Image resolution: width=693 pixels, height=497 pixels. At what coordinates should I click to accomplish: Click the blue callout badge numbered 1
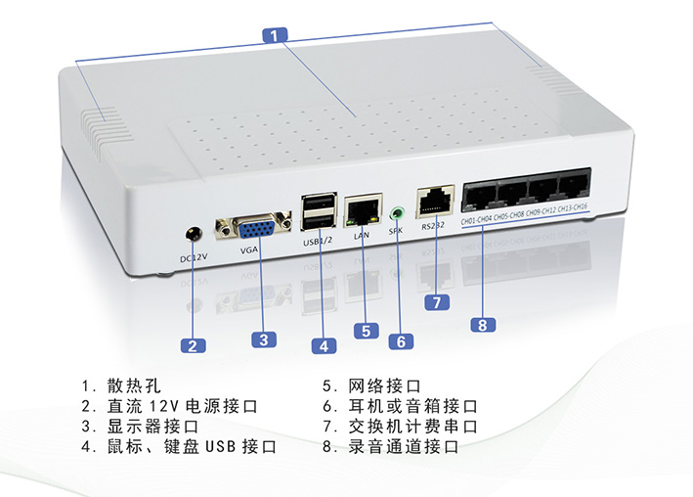(276, 34)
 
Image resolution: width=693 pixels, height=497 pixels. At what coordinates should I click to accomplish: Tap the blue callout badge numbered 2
(194, 344)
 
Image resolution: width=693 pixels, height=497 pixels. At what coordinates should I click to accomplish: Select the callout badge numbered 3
(262, 339)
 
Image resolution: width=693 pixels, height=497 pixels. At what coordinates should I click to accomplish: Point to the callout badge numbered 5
(365, 331)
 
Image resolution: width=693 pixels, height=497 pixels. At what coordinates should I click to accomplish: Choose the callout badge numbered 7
(437, 301)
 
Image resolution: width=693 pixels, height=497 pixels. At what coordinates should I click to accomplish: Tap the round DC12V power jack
(194, 235)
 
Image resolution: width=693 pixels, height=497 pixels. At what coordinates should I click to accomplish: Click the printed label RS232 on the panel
(433, 226)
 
